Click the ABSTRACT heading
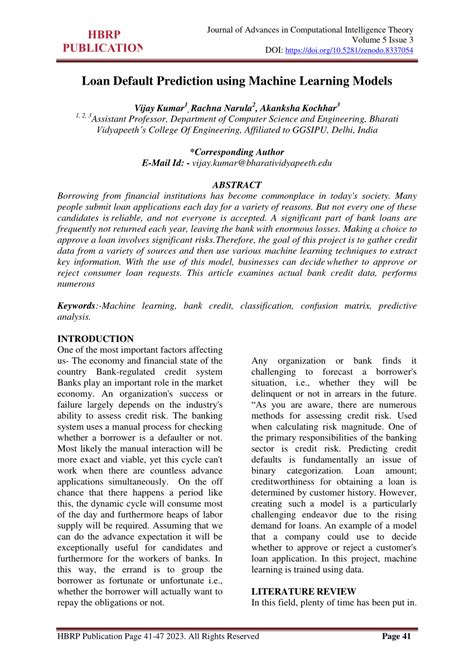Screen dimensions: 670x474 237,186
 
